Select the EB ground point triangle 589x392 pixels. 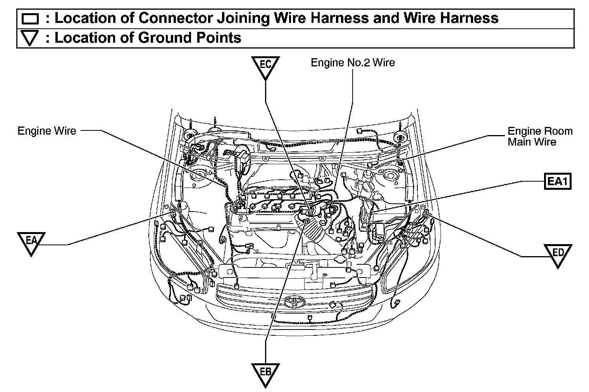(265, 373)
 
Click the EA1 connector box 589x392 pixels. (558, 181)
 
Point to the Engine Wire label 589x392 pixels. (47, 131)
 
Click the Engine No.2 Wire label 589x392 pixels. (353, 62)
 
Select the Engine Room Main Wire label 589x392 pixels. (540, 137)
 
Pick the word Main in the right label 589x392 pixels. (520, 142)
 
